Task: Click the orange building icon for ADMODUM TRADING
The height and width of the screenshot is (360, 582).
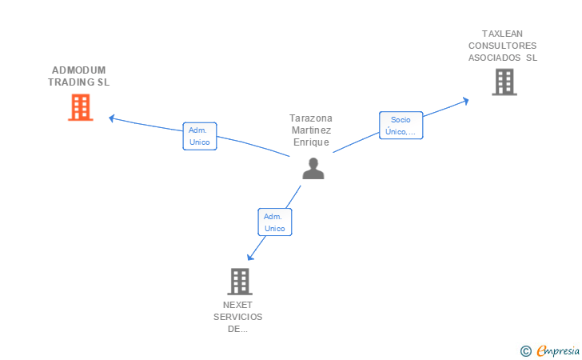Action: coord(80,107)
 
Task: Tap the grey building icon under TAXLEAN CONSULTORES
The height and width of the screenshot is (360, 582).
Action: coord(504,82)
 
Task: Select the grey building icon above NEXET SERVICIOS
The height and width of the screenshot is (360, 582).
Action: coord(239,281)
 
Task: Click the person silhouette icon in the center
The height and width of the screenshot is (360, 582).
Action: coord(313,168)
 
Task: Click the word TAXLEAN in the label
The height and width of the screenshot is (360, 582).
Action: coord(502,34)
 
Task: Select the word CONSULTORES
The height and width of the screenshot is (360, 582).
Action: coord(502,46)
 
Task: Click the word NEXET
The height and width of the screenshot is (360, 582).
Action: coord(237,305)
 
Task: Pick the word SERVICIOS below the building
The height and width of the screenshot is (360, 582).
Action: coord(237,317)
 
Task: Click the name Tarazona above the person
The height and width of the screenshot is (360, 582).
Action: coord(310,118)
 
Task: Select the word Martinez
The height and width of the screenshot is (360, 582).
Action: coord(310,130)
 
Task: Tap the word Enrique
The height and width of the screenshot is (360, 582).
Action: coord(310,142)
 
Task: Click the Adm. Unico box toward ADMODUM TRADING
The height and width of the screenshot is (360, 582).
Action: coord(200,136)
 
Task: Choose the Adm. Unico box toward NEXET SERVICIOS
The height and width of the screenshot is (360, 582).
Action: coord(274,222)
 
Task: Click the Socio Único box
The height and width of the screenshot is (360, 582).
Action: coord(401,126)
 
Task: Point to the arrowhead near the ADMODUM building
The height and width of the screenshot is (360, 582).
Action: coord(112,118)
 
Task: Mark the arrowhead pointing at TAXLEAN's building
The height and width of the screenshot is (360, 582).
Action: coord(466,100)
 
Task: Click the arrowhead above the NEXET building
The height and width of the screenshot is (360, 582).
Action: coord(250,256)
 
